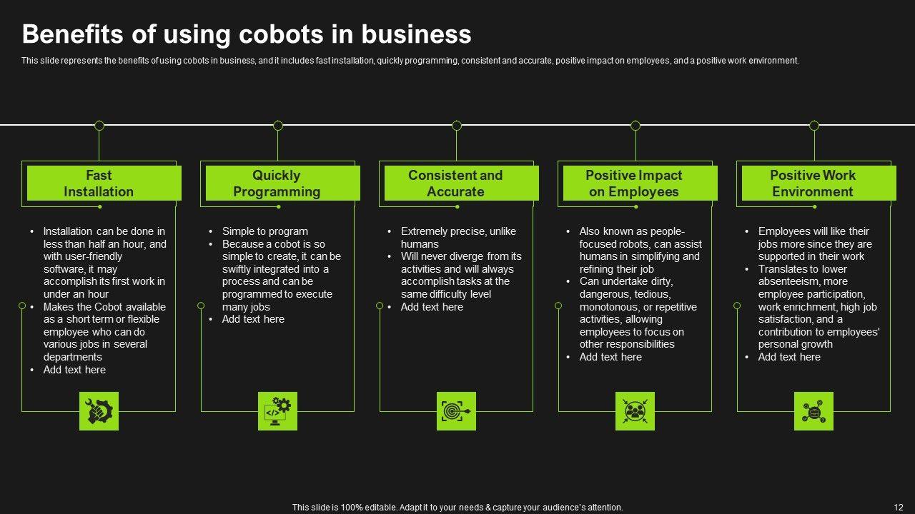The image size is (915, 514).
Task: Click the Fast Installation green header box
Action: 104,183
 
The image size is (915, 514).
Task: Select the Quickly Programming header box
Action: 282,183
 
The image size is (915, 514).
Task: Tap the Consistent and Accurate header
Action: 461,183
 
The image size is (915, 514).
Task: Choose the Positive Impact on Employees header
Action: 640,183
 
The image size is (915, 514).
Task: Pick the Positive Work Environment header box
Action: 818,183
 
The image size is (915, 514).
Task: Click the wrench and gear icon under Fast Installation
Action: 99,411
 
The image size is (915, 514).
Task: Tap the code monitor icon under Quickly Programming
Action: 277,411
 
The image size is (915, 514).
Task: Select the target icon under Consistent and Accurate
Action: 456,411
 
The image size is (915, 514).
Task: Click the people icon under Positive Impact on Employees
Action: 635,411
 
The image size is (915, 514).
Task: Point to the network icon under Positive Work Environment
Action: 813,411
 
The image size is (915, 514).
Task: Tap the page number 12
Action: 899,508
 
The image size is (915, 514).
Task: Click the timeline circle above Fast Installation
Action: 99,126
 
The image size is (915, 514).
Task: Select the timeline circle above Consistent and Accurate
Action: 457,126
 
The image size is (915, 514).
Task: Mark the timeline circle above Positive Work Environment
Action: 814,126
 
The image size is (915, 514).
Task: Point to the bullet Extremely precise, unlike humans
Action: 457,238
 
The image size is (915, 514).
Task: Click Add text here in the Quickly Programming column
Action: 253,319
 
